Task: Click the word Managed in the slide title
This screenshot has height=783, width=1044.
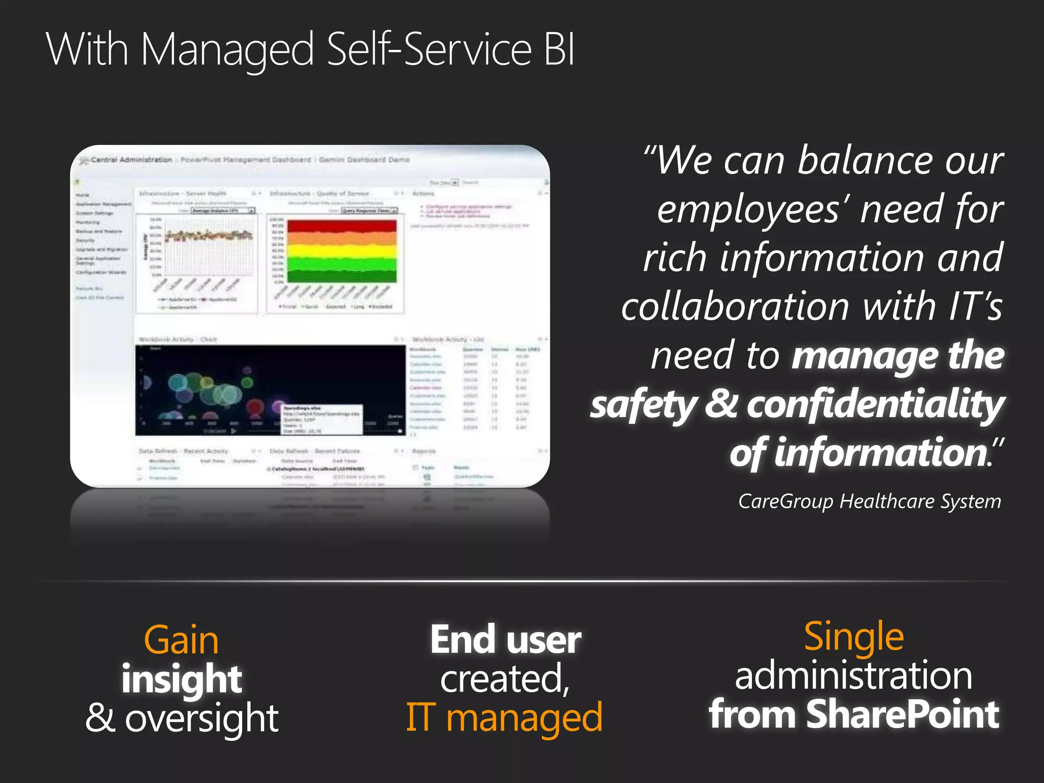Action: (x=227, y=50)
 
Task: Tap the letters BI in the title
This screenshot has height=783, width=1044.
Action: (x=559, y=49)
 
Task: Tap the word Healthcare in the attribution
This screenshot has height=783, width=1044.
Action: (x=888, y=502)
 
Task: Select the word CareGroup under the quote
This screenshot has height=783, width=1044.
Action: (x=785, y=502)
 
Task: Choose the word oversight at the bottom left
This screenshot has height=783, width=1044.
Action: (x=202, y=718)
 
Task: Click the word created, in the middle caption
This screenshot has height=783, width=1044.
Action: (x=505, y=679)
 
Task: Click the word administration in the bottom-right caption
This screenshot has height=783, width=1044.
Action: (x=854, y=675)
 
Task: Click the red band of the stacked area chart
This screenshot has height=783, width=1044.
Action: (x=342, y=226)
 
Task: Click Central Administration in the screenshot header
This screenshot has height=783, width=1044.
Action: (x=131, y=160)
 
